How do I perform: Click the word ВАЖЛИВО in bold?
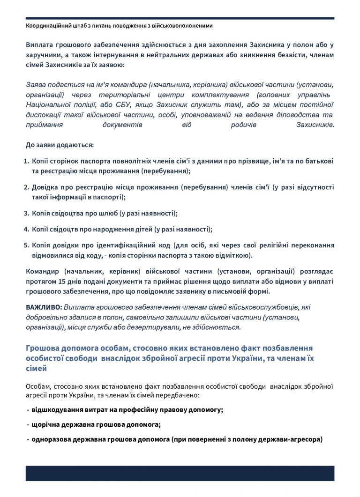point(43,307)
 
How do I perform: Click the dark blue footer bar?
point(180,473)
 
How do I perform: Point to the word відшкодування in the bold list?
point(58,409)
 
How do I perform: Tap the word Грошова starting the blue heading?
point(41,349)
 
